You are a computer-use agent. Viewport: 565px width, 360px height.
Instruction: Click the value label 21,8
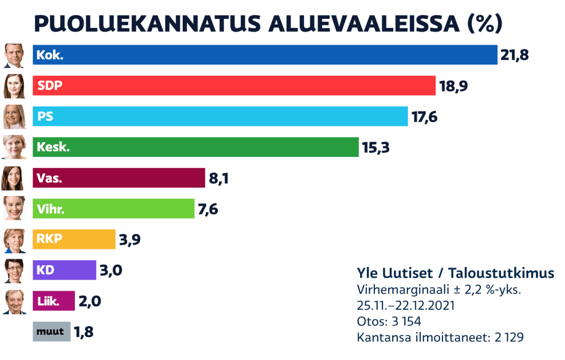click(515, 55)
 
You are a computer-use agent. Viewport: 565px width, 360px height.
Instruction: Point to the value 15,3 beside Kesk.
click(376, 147)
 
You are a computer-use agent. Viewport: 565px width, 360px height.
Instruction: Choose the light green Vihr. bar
click(113, 209)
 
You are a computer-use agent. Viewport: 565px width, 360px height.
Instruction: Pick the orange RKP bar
click(74, 239)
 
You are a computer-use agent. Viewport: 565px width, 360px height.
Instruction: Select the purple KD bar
click(64, 270)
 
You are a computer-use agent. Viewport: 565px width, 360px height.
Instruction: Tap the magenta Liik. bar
click(54, 301)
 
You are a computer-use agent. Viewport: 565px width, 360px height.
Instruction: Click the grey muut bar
click(51, 331)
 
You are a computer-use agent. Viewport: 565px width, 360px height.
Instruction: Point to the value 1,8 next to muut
click(83, 332)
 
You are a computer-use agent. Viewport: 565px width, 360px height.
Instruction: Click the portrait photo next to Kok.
click(14, 55)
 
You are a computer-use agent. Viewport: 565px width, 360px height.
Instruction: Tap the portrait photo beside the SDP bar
click(14, 86)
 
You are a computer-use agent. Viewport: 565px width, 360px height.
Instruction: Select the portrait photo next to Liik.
click(14, 302)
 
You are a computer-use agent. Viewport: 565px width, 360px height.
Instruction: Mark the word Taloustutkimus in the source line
click(500, 273)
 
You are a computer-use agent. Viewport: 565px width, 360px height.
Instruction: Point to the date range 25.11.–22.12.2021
click(406, 305)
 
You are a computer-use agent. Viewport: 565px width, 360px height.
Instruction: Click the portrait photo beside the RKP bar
click(14, 240)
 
